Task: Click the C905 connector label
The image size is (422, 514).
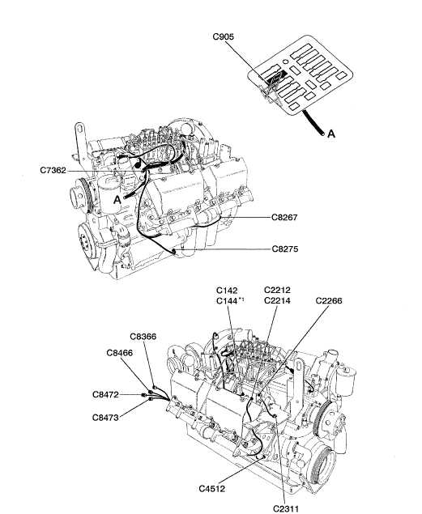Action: [x=224, y=36]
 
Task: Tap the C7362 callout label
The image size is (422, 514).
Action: [x=53, y=171]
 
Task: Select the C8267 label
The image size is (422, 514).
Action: [x=284, y=217]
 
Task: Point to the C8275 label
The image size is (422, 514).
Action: [x=285, y=249]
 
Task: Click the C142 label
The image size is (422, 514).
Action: [x=227, y=291]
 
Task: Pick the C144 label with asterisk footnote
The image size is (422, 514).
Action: [x=230, y=301]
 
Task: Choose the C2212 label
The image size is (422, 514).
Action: [x=277, y=290]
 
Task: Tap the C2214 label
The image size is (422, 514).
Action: [x=277, y=300]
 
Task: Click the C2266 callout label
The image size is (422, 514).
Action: [x=329, y=301]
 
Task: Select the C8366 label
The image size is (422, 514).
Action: [x=143, y=337]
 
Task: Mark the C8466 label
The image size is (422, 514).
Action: [x=120, y=353]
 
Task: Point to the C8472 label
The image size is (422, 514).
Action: [x=105, y=395]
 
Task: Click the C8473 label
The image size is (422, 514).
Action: [x=105, y=418]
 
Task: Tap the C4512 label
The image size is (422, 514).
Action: [x=212, y=489]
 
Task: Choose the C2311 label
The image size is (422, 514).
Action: [x=286, y=509]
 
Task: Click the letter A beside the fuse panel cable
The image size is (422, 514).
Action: [x=331, y=134]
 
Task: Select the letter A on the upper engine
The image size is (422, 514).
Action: [x=117, y=200]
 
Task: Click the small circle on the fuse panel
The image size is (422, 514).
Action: [x=285, y=62]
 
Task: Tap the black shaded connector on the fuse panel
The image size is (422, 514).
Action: [x=276, y=78]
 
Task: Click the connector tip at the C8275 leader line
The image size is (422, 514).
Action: [x=173, y=251]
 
